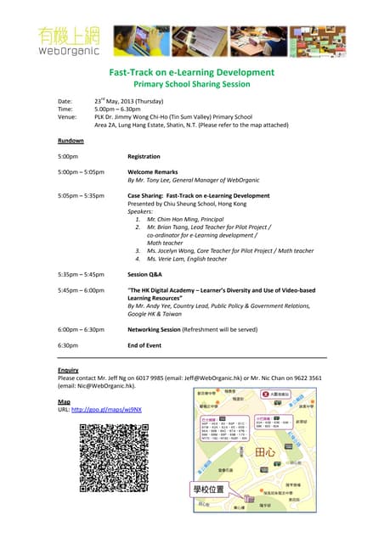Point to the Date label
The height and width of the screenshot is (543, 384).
pos(65,101)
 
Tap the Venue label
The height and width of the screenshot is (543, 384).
pos(68,116)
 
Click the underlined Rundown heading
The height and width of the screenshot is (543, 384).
pos(71,140)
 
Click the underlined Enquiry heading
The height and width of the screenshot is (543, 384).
pos(69,371)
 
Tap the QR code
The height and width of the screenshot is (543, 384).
pos(114,459)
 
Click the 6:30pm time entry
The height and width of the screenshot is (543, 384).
pos(68,345)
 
